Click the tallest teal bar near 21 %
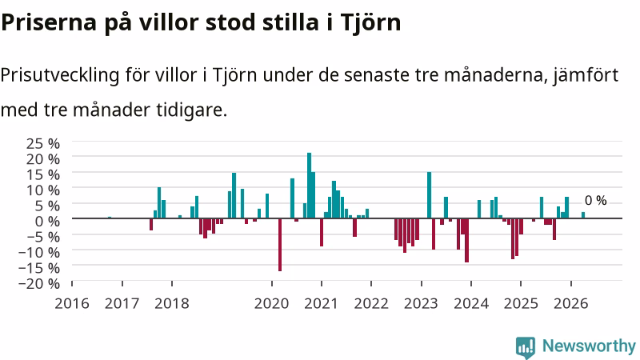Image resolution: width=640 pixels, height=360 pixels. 309,186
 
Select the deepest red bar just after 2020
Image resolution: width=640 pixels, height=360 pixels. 280,245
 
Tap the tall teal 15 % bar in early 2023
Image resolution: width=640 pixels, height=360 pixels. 429,195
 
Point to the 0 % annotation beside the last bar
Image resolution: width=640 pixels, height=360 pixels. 595,201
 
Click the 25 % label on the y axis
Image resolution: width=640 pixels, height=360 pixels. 43,144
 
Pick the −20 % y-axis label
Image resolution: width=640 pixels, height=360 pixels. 39,284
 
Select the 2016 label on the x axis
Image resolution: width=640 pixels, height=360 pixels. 72,304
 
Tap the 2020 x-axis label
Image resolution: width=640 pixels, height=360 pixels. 271,304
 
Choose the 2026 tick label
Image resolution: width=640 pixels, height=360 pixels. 570,304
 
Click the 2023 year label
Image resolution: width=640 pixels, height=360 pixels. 421,304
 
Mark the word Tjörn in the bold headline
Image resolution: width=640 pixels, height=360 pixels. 370,22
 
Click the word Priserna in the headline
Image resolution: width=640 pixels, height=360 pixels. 49,22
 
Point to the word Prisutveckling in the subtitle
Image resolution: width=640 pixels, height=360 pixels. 60,75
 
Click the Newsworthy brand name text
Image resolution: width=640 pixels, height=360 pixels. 589,346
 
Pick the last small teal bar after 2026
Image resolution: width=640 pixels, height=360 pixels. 583,215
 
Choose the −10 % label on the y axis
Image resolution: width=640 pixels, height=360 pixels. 39,253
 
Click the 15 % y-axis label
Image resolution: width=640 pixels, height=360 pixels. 43,174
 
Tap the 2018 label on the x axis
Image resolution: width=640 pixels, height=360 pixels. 172,304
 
